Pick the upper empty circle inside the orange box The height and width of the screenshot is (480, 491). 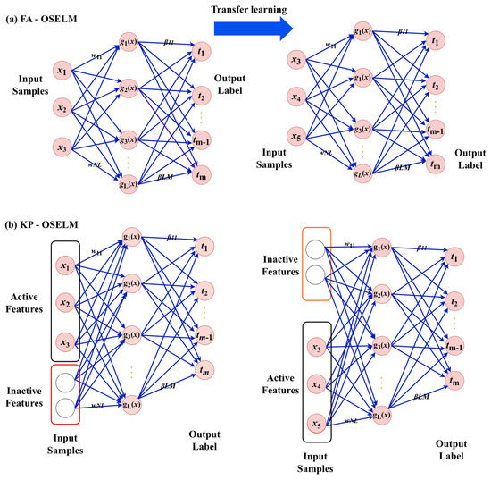click(x=316, y=249)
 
